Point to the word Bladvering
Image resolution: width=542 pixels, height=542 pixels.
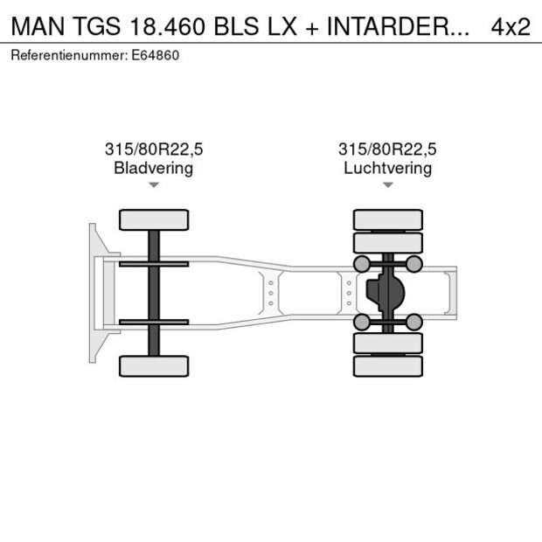(153, 168)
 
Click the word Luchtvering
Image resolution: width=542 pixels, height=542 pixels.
(387, 168)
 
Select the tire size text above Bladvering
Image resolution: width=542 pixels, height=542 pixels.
(153, 149)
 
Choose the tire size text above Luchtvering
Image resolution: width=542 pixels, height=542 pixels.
(387, 149)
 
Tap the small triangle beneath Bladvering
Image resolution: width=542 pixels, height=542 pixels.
(154, 185)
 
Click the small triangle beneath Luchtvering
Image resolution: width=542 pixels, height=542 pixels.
(387, 185)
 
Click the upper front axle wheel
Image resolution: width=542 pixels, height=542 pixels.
(154, 219)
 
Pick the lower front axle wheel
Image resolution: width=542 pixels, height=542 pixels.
(154, 365)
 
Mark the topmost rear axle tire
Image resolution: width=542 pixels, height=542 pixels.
(387, 219)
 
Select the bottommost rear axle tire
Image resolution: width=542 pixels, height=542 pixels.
(387, 365)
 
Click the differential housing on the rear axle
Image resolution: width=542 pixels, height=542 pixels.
(384, 293)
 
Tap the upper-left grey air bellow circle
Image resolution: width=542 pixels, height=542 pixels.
(360, 264)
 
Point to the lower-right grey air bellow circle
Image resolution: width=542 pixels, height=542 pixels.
(414, 323)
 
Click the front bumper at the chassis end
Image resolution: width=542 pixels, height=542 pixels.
(94, 293)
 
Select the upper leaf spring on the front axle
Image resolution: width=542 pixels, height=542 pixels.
(154, 264)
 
